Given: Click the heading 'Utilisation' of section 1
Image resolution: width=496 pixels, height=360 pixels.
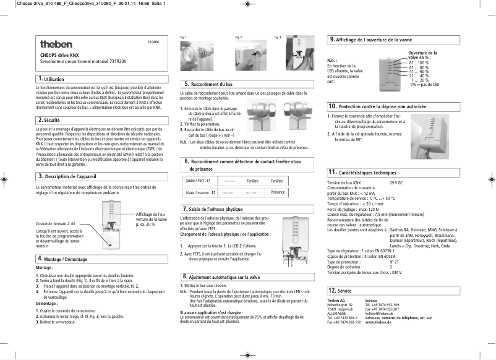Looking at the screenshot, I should [54, 79].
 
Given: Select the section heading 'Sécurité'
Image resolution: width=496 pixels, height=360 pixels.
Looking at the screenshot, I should [52, 119].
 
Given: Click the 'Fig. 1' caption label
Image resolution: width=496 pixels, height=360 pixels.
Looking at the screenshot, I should [182, 37].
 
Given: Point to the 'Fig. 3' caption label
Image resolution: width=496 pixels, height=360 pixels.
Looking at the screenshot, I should [277, 37].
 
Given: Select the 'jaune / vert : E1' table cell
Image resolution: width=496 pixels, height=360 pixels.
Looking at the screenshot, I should [199, 181].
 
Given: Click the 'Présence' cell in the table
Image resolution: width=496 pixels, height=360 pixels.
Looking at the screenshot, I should [278, 193].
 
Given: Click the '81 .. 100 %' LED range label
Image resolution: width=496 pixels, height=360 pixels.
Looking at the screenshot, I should [419, 63].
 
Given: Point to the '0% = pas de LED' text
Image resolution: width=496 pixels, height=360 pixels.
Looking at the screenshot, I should [424, 85].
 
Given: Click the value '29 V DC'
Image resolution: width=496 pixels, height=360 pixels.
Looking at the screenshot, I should [396, 183].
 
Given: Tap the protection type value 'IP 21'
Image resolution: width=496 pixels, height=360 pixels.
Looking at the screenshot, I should [393, 262].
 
